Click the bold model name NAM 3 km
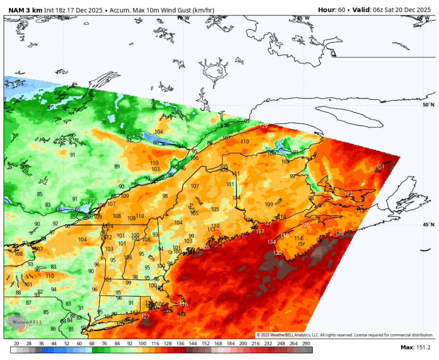[x=23, y=10]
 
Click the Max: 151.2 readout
[x=415, y=347]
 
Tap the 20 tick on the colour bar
[x=16, y=344]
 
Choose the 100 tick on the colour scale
[x=142, y=344]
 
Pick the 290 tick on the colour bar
[x=305, y=344]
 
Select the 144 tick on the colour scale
[x=192, y=344]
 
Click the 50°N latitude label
[x=428, y=105]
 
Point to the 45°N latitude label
[x=428, y=225]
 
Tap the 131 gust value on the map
[x=380, y=167]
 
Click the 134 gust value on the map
[x=272, y=242]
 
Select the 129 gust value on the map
[x=263, y=126]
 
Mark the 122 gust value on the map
[x=348, y=193]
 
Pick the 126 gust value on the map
[x=339, y=233]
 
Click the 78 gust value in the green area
[x=103, y=122]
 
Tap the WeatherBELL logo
[x=24, y=322]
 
